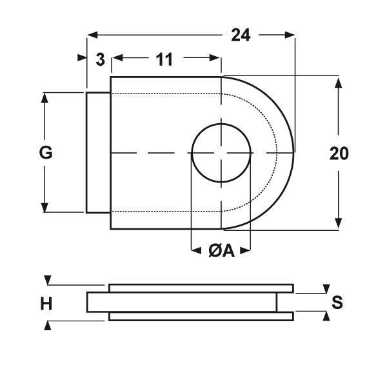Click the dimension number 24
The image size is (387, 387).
click(x=241, y=35)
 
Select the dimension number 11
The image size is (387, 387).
click(x=164, y=59)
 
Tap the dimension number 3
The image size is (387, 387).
click(x=100, y=59)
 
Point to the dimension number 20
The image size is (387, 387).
click(x=339, y=154)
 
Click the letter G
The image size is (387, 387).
click(x=46, y=152)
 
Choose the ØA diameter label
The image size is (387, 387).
click(x=221, y=251)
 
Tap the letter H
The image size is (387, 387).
click(x=46, y=304)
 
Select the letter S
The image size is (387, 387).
click(x=337, y=302)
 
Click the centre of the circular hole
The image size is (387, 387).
click(x=221, y=153)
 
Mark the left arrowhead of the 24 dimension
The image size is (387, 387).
click(x=92, y=35)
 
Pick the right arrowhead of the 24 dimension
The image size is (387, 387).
click(x=290, y=35)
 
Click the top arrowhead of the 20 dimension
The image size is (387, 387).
click(x=339, y=83)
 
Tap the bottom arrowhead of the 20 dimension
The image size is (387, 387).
click(x=339, y=223)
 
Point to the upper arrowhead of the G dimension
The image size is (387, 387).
click(x=45, y=98)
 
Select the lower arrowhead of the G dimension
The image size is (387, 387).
click(x=45, y=207)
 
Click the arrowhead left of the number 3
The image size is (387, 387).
click(x=82, y=58)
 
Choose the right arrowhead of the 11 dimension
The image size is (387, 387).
click(x=215, y=58)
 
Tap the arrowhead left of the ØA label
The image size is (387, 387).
click(x=197, y=251)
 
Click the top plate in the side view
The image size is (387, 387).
click(x=201, y=288)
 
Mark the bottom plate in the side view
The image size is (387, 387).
click(x=201, y=317)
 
